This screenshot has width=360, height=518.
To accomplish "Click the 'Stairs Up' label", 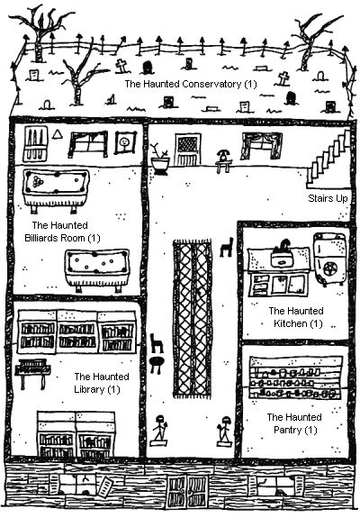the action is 328,198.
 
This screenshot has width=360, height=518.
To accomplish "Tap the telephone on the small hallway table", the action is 224,155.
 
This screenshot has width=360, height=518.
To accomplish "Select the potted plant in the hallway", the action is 159,159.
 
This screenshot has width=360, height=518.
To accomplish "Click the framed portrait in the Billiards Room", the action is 125,142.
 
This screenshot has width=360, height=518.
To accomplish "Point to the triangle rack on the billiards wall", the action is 58,134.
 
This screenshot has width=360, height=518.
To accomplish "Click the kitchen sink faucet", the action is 283,245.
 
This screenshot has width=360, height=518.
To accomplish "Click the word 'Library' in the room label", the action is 89,389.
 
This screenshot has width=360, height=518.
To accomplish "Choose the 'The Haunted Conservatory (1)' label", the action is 191,84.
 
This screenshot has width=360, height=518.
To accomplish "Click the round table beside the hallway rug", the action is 156,363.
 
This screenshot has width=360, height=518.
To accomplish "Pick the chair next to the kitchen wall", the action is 227,247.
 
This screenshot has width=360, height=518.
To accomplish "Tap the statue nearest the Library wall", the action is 159,430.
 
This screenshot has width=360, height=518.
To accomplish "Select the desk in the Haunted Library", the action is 32,373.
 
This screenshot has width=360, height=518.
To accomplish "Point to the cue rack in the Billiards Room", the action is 35,144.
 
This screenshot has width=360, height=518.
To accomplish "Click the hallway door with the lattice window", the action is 188,150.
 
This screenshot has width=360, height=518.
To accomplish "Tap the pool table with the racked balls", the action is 56,191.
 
